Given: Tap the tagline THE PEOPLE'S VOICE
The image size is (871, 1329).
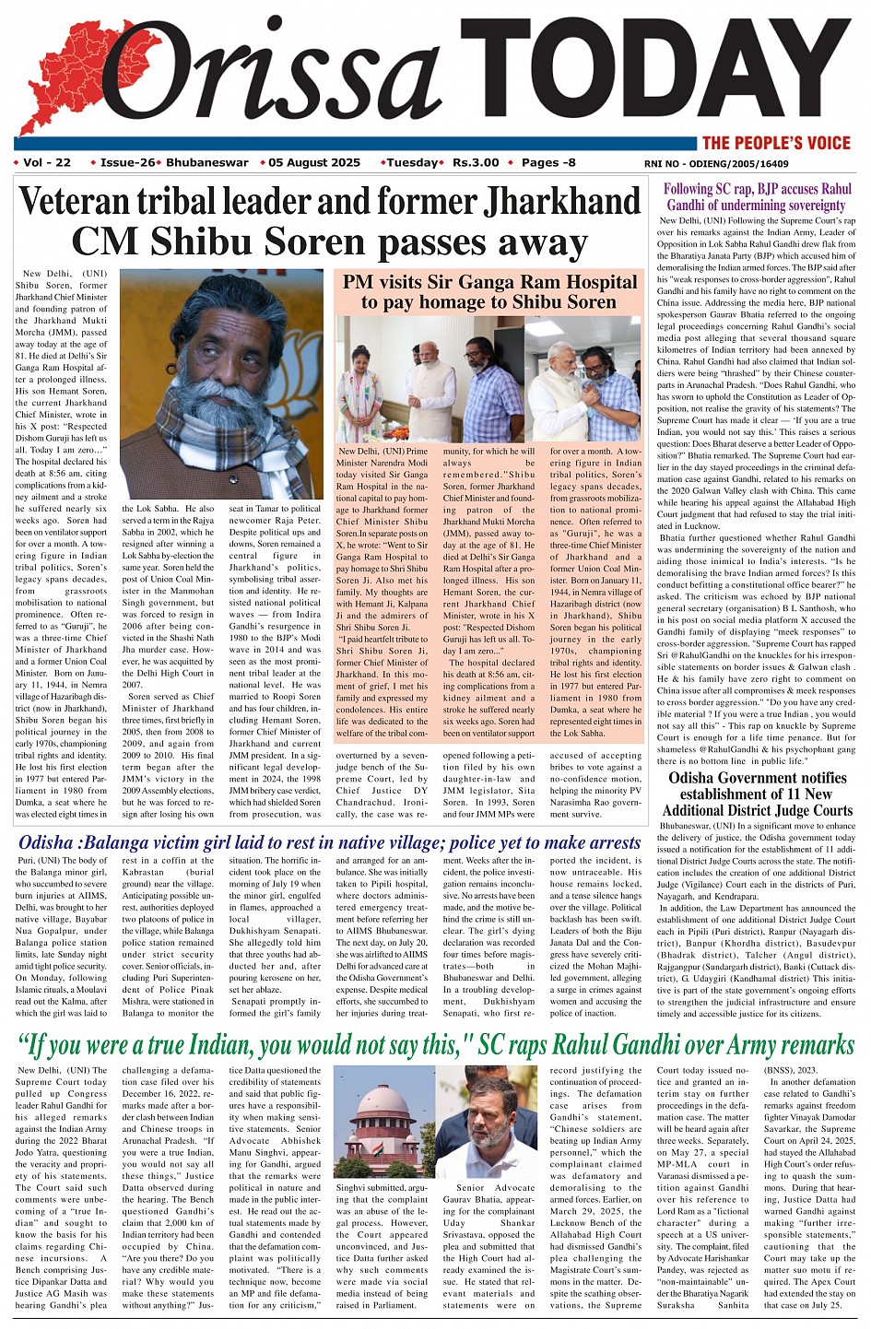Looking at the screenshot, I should click(x=775, y=143).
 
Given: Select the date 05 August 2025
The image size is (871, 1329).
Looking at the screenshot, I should click(x=314, y=162).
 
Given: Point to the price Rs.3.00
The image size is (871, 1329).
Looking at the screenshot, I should click(x=476, y=162).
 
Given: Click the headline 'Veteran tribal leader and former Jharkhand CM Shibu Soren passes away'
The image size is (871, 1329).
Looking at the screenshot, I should click(x=329, y=221).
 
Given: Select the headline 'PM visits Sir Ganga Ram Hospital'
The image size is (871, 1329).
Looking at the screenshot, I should click(x=489, y=291).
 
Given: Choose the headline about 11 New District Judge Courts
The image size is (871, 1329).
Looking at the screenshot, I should click(x=757, y=794).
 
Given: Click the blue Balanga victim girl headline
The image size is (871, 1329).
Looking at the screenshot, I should click(x=329, y=842).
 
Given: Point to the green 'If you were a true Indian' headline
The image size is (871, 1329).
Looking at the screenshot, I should click(x=436, y=1044).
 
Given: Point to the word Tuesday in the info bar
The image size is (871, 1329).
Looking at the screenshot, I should click(x=411, y=162).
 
